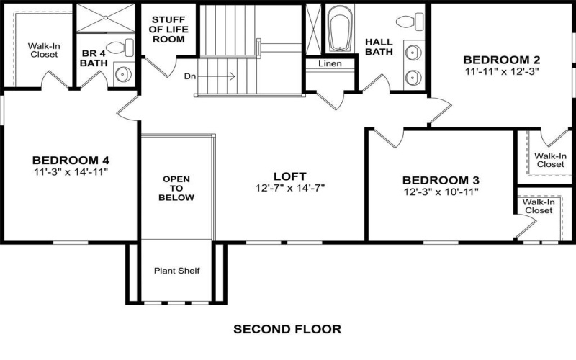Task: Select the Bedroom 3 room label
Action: point(441,180)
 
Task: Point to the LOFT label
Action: point(290,176)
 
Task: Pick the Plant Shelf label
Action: point(176,271)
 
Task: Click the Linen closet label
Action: point(329,64)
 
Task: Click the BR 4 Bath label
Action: point(94,58)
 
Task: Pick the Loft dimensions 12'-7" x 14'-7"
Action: point(290,188)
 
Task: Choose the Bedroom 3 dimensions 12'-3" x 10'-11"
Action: point(441,192)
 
